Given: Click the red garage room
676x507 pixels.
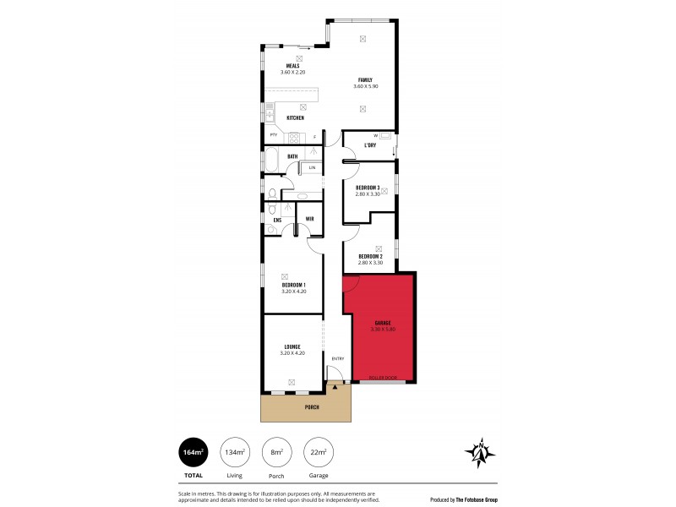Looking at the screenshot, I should (x=378, y=330).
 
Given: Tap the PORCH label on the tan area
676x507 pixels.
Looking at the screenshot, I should (x=306, y=406).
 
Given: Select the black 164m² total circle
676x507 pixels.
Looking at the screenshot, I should (x=193, y=452).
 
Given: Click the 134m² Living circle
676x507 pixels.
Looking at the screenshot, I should (x=234, y=452).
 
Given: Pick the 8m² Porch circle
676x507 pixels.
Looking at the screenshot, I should (x=275, y=452).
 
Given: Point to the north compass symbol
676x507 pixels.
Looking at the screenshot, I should (x=480, y=454).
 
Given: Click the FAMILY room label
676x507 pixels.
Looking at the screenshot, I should (x=364, y=79).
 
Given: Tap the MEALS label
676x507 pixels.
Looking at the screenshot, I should (x=292, y=66).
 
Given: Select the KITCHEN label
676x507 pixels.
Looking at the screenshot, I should (x=295, y=117).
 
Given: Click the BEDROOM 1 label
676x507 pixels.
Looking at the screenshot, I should (x=293, y=286).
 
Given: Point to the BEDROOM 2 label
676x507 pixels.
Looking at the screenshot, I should (x=370, y=257).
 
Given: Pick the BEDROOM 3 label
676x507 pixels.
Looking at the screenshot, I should (x=368, y=188).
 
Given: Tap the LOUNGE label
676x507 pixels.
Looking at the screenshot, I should (x=292, y=346).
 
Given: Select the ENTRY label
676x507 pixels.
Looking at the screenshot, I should (x=338, y=358).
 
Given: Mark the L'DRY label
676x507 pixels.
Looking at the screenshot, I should (x=370, y=145).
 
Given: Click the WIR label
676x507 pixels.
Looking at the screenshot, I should (x=310, y=219).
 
